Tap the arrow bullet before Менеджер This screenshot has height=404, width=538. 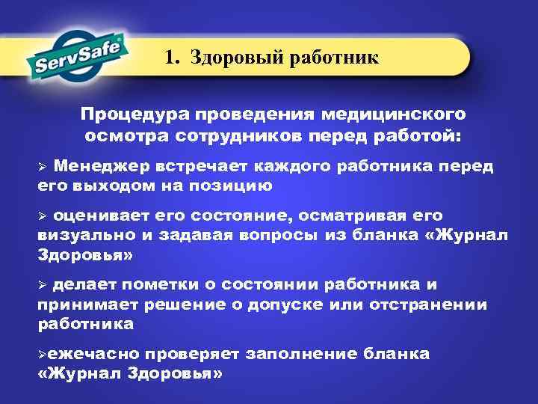tap(43, 166)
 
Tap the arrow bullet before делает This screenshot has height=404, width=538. tap(43, 286)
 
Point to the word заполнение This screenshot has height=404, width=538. tap(306, 355)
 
